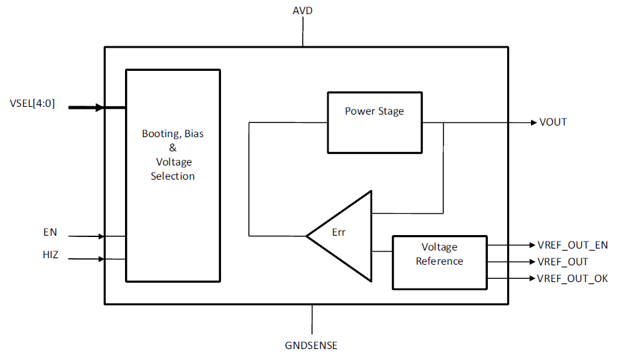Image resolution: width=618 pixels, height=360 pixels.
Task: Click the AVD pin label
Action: (x=303, y=11)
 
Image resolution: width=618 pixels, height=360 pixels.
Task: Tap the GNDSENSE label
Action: (x=311, y=345)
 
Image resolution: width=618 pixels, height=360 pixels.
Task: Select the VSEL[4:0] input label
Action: (x=32, y=104)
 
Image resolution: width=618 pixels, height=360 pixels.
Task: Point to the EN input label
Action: (x=50, y=232)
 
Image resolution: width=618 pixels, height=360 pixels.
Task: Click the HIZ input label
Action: (x=50, y=255)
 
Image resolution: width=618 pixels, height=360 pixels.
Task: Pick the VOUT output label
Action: (x=553, y=122)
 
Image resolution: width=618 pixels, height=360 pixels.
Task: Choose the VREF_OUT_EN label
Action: (x=573, y=245)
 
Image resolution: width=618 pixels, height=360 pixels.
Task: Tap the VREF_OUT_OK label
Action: (x=573, y=278)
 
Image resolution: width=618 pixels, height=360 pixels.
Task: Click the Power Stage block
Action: (x=375, y=122)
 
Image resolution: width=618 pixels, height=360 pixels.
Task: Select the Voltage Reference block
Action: (x=440, y=263)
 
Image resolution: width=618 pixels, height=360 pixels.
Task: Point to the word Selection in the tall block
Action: (x=173, y=176)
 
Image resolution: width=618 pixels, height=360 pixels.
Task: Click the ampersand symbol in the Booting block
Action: (x=173, y=147)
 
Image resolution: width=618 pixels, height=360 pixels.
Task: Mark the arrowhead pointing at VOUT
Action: (x=534, y=122)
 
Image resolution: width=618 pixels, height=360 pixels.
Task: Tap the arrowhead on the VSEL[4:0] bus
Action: (x=100, y=107)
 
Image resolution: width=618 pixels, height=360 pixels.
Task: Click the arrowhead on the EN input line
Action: (x=101, y=236)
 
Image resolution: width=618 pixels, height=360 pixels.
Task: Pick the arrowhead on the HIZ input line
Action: (x=101, y=259)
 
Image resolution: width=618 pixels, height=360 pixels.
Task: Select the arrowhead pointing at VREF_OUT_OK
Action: (x=532, y=278)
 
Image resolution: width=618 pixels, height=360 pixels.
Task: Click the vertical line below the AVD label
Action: (x=303, y=32)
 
